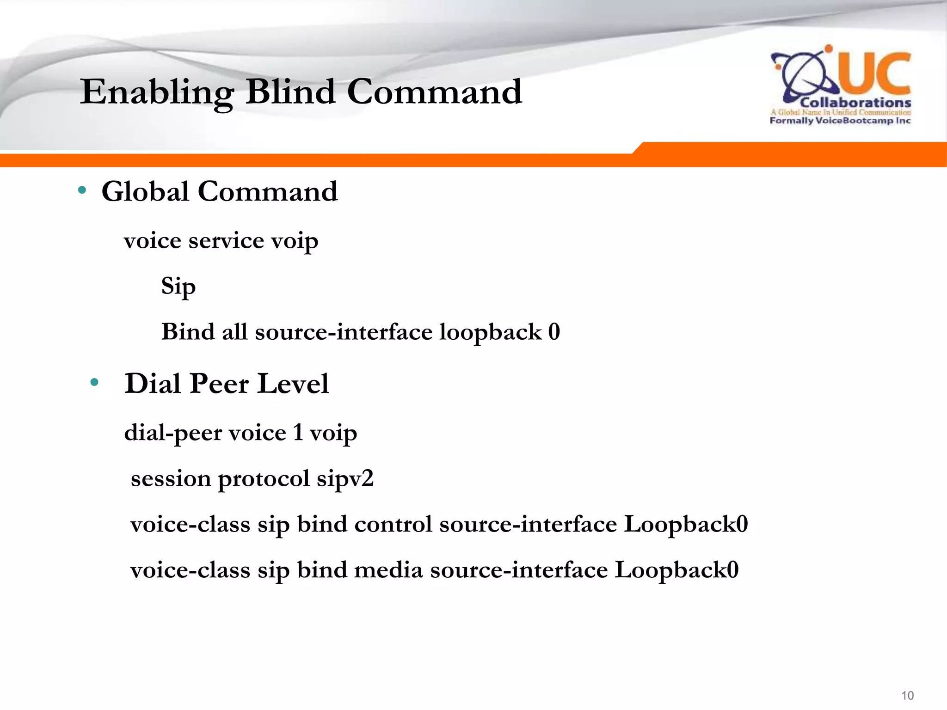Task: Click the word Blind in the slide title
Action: (290, 92)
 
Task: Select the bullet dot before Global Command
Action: (82, 190)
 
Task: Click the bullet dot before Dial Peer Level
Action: (95, 382)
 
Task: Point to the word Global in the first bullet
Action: (145, 191)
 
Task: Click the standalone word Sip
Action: (178, 287)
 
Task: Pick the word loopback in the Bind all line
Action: (490, 332)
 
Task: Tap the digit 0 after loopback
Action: (554, 332)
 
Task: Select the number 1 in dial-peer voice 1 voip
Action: (298, 433)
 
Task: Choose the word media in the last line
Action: (388, 570)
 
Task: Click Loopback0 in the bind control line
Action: (686, 524)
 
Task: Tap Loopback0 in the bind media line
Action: (676, 570)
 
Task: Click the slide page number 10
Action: (907, 695)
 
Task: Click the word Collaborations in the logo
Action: (855, 103)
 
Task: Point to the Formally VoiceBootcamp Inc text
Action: (840, 121)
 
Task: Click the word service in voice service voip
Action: (226, 241)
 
